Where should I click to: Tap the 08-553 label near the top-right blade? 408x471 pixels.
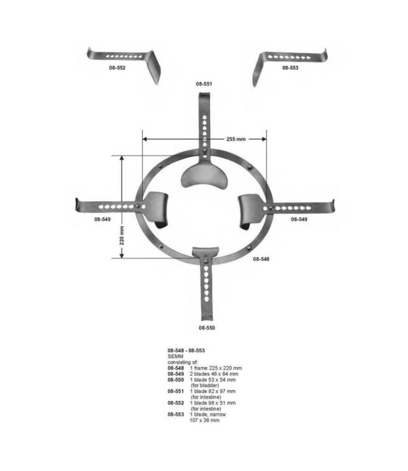[x=290, y=69]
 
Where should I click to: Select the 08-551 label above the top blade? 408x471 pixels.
[x=204, y=84]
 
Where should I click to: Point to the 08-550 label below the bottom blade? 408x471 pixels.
[x=206, y=328]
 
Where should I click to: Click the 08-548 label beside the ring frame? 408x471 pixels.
[x=262, y=259]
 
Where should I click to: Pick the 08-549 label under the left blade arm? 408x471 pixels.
[x=103, y=220]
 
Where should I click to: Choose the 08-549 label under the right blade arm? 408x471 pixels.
[x=300, y=220]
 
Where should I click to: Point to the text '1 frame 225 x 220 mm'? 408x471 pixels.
[x=216, y=368]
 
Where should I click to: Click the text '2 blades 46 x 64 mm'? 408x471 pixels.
[x=216, y=374]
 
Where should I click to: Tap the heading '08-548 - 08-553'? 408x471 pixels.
[x=186, y=350]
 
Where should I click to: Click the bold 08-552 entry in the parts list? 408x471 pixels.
[x=176, y=403]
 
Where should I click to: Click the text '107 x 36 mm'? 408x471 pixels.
[x=205, y=421]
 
